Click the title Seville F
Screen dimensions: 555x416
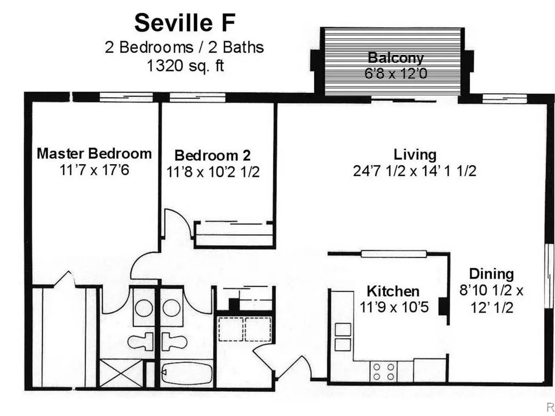pyautogui.click(x=185, y=23)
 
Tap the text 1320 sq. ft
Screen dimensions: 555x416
pyautogui.click(x=185, y=66)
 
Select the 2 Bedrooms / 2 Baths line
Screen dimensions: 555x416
pyautogui.click(x=184, y=47)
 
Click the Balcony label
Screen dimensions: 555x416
pyautogui.click(x=396, y=58)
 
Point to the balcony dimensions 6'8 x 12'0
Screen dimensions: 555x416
pyautogui.click(x=396, y=74)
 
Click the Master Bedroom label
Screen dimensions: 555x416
pyautogui.click(x=94, y=154)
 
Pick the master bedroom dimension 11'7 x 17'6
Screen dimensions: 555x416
pyautogui.click(x=94, y=170)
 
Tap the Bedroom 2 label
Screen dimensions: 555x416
pyautogui.click(x=213, y=155)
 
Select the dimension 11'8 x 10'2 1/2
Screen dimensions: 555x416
pyautogui.click(x=213, y=172)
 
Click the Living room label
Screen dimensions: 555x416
pyautogui.click(x=415, y=155)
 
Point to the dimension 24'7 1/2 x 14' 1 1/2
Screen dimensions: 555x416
pyautogui.click(x=415, y=171)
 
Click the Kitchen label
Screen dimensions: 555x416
pyautogui.click(x=393, y=291)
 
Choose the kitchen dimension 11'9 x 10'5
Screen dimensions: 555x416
pyautogui.click(x=394, y=307)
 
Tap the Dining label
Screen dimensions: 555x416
pyautogui.click(x=491, y=274)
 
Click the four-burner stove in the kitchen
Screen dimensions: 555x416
pyautogui.click(x=384, y=371)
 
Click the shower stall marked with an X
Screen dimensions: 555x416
pyautogui.click(x=122, y=373)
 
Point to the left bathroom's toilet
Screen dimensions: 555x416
pyautogui.click(x=140, y=342)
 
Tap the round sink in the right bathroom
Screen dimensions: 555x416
pyautogui.click(x=173, y=308)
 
